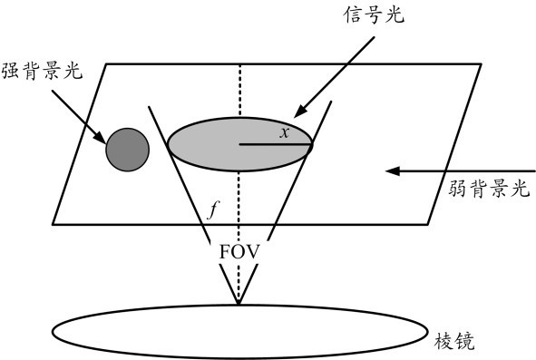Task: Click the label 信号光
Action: click(x=374, y=15)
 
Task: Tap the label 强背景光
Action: click(x=42, y=72)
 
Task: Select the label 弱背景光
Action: click(x=489, y=188)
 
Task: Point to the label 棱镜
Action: click(x=454, y=341)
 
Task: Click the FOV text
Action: click(x=239, y=252)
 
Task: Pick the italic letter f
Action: click(x=213, y=209)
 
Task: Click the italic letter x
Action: click(x=285, y=132)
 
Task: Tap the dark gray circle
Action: click(x=128, y=150)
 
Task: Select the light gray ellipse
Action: click(x=240, y=144)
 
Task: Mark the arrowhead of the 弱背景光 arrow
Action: click(x=392, y=170)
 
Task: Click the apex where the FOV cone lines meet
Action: click(x=239, y=304)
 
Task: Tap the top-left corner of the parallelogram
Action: click(x=106, y=64)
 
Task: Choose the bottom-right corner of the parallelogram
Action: click(x=428, y=224)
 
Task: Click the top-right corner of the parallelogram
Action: click(x=482, y=64)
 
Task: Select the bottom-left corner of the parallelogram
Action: click(x=53, y=224)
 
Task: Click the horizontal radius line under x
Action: click(x=276, y=144)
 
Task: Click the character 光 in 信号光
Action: click(x=395, y=15)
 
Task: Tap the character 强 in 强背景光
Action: click(x=11, y=72)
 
